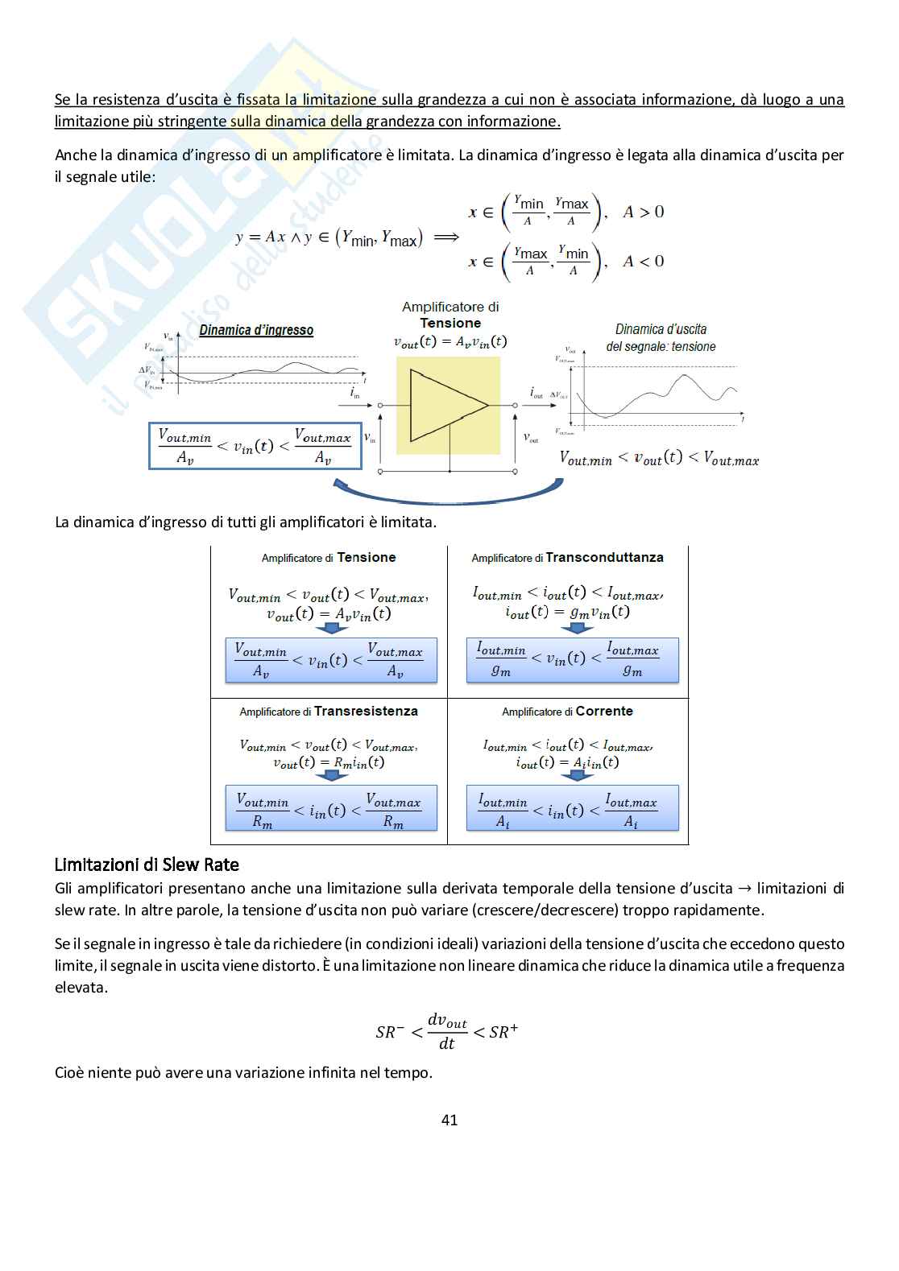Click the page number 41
449,1120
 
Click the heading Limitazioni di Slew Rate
147,865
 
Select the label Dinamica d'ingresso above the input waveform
256,330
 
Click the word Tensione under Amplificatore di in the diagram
450,323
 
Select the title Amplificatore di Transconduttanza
567,557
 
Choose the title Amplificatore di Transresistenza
329,712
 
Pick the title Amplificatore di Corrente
567,712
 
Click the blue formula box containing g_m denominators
573,660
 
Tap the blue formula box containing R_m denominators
331,808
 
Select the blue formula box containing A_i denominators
573,808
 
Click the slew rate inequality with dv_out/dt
447,1031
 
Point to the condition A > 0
643,212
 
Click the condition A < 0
643,261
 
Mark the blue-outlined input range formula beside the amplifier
255,446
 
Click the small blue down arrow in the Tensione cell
330,629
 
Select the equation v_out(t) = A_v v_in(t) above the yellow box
450,341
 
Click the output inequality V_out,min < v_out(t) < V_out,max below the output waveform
659,459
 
